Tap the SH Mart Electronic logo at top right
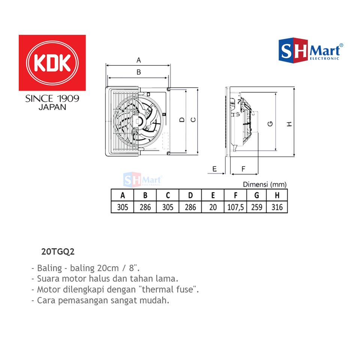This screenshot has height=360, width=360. pyautogui.click(x=311, y=51)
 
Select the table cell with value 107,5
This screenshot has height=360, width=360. pyautogui.click(x=235, y=207)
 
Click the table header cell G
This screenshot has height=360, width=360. pyautogui.click(x=256, y=195)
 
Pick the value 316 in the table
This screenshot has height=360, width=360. pyautogui.click(x=277, y=207)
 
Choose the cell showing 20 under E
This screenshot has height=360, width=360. pyautogui.click(x=213, y=207)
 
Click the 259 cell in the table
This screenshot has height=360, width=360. pyautogui.click(x=256, y=207)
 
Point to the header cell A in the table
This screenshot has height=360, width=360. pyautogui.click(x=122, y=195)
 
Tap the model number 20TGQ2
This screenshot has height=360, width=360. pyautogui.click(x=58, y=252)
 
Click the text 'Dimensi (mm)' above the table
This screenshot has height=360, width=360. pyautogui.click(x=265, y=184)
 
